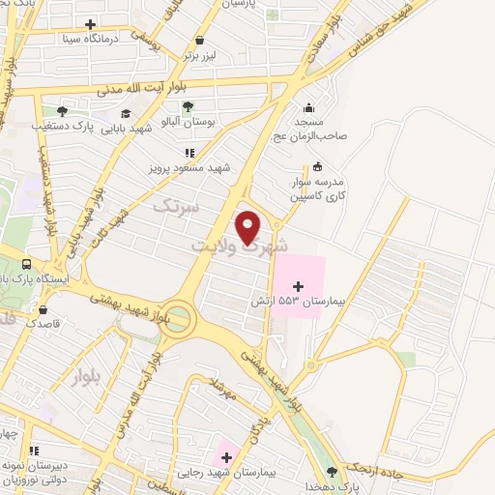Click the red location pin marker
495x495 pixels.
point(249,227)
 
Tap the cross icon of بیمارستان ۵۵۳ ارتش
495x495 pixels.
point(299,286)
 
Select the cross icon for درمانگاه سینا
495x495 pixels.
point(90,24)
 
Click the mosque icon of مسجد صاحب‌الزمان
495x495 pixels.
point(308,108)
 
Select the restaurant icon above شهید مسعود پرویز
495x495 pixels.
point(189,152)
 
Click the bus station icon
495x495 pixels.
point(26,263)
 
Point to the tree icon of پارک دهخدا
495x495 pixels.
point(334,472)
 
